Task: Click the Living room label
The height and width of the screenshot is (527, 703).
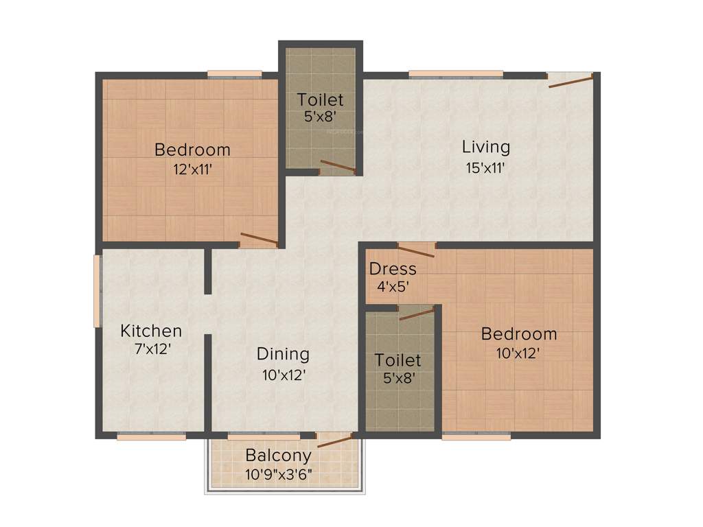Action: (485, 146)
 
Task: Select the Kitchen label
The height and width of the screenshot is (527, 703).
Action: (151, 331)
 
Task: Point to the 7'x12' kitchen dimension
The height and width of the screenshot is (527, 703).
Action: (152, 349)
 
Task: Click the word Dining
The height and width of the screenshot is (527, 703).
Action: (283, 354)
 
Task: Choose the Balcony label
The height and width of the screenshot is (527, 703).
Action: (278, 455)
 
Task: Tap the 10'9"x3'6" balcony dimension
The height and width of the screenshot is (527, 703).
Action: (279, 473)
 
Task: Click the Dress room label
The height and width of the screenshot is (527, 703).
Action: (393, 268)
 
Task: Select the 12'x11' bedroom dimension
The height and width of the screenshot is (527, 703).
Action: (192, 169)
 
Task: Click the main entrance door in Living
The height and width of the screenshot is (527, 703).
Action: (571, 82)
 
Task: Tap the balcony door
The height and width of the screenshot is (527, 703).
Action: (334, 441)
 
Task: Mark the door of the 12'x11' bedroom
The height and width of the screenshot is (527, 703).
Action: (259, 239)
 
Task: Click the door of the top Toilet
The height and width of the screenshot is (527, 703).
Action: (337, 166)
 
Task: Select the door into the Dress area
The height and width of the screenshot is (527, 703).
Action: (415, 250)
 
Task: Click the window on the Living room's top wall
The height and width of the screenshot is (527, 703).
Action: (455, 73)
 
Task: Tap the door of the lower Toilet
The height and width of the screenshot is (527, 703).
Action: (417, 314)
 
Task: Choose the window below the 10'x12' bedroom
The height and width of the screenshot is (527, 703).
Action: (476, 436)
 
